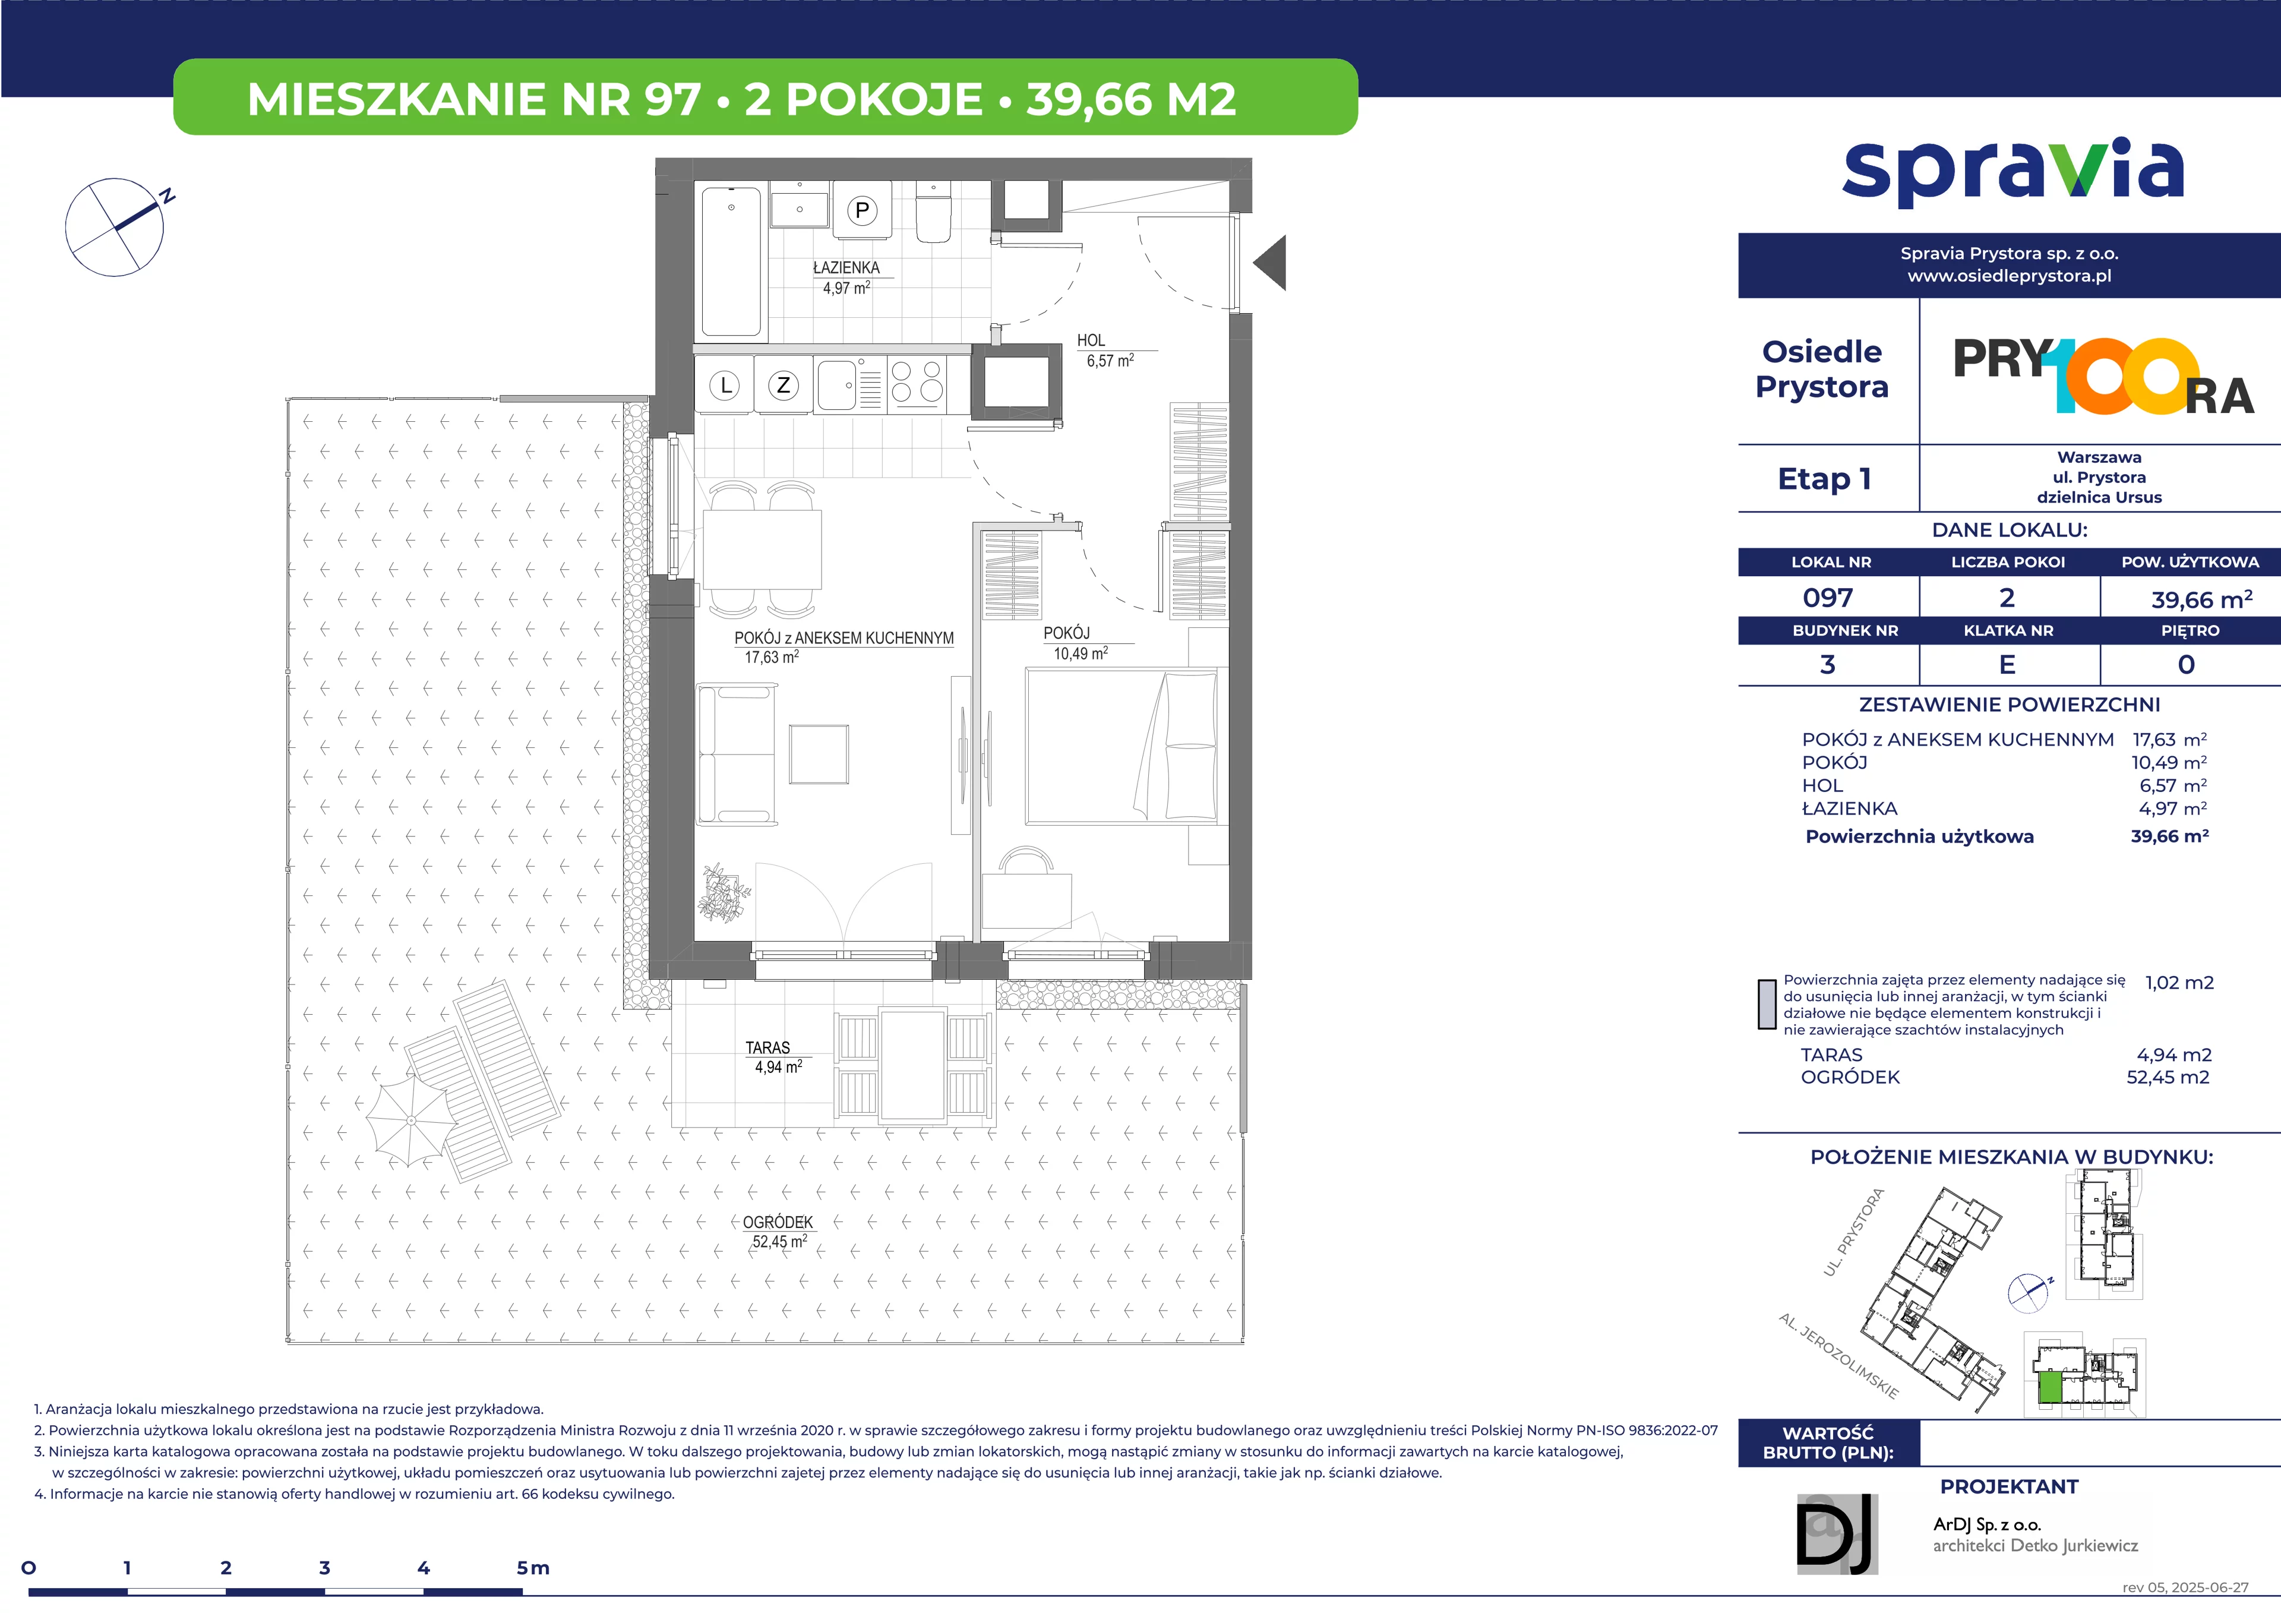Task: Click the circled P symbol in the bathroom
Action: (x=861, y=210)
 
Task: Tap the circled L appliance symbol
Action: (x=726, y=386)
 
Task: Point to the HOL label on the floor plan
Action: (x=1091, y=340)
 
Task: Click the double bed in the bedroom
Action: (x=1121, y=746)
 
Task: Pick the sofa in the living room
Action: (x=735, y=755)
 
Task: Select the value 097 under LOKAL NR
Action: (x=1828, y=598)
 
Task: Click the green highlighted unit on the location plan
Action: (x=2049, y=1387)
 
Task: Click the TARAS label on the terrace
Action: (x=768, y=1047)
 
